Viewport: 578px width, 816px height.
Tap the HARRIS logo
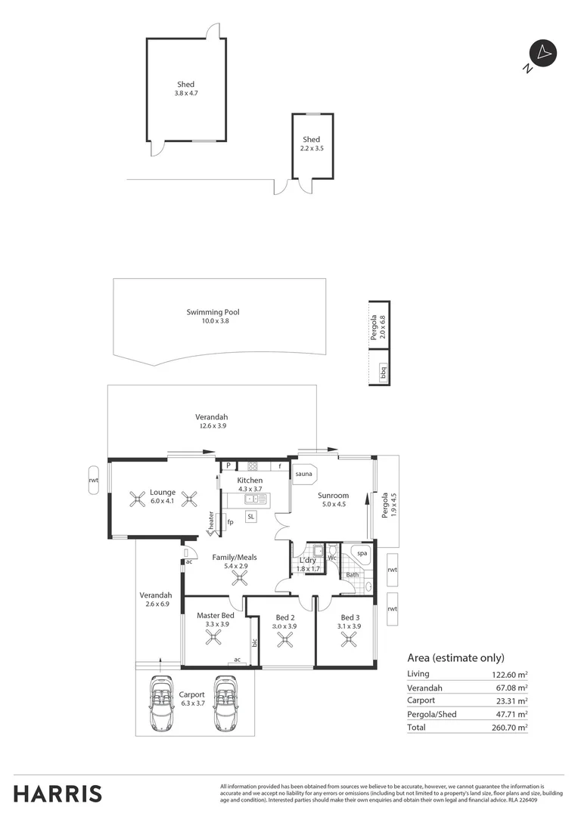(57, 794)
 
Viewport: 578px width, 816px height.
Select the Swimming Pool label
(213, 312)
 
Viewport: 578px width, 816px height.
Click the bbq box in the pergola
(383, 373)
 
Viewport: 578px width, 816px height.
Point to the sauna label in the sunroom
(304, 474)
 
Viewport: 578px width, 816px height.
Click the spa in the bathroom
(362, 553)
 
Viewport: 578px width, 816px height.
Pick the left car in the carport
(160, 703)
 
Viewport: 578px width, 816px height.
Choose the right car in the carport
(225, 703)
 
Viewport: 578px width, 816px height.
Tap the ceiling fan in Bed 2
(284, 640)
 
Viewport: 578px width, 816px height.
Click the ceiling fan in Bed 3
(349, 640)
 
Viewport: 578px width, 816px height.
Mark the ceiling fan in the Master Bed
(214, 638)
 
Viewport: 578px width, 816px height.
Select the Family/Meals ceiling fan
(240, 579)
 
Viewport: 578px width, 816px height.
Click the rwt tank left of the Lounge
(94, 480)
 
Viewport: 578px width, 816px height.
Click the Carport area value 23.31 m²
(509, 700)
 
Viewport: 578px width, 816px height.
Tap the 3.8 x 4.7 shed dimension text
(185, 94)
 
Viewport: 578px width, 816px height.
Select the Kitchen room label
(250, 481)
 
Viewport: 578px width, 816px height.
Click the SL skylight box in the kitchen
(250, 516)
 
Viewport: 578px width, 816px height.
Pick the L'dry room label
(308, 560)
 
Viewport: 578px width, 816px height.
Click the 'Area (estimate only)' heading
(455, 657)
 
